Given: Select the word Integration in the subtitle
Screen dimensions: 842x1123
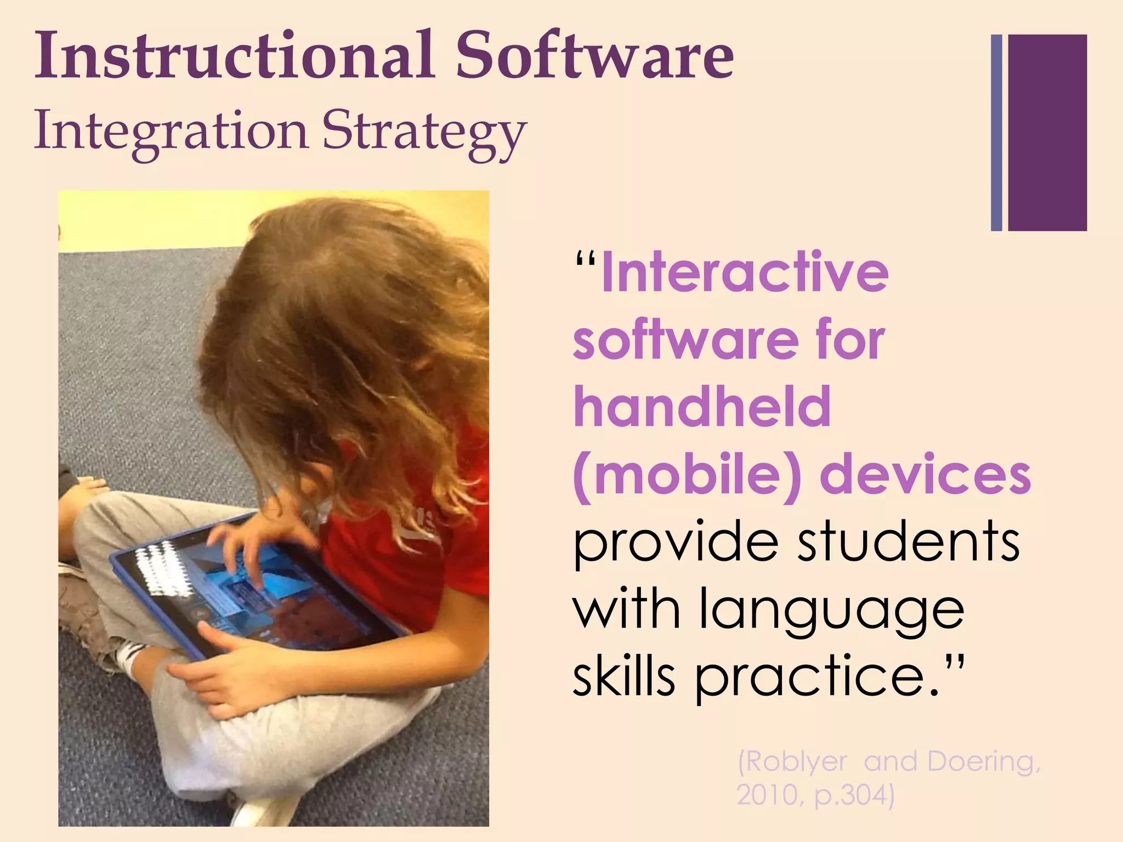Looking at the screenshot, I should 171,132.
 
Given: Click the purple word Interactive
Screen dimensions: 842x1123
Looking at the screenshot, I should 745,272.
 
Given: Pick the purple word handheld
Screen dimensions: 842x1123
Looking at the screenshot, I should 702,407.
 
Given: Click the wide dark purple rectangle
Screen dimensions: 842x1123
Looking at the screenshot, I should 1047,133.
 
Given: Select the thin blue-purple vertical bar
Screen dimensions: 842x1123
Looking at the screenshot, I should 996,133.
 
